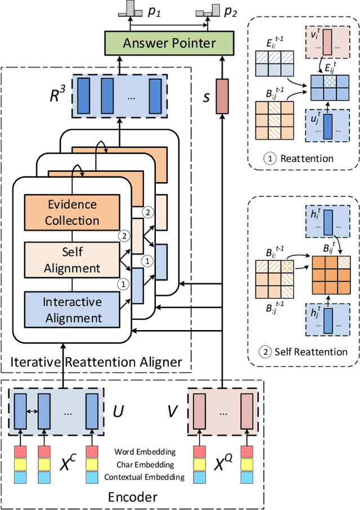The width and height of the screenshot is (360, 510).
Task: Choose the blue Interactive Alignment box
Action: [x=72, y=309]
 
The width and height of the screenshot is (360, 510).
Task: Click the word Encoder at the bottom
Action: [x=133, y=497]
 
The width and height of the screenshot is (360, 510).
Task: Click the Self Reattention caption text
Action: [x=310, y=352]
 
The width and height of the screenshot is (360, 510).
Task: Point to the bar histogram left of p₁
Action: [x=130, y=8]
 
